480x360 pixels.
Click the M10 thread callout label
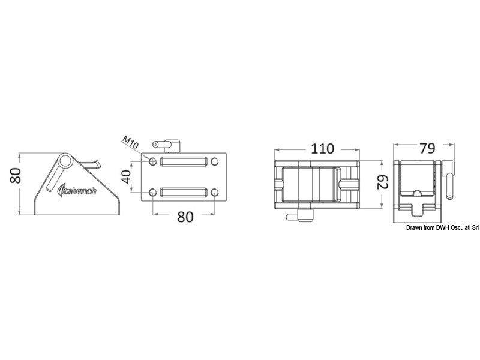click(x=130, y=142)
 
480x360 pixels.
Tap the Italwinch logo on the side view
click(x=77, y=190)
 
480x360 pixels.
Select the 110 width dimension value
click(x=322, y=149)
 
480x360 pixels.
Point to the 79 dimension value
click(x=427, y=148)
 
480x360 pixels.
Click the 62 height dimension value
click(x=382, y=182)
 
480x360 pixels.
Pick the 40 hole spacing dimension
click(x=126, y=176)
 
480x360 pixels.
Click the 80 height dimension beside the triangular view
click(x=16, y=175)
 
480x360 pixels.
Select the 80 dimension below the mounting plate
click(x=185, y=217)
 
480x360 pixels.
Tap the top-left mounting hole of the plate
click(x=152, y=161)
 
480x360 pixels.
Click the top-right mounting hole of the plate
click(x=215, y=161)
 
